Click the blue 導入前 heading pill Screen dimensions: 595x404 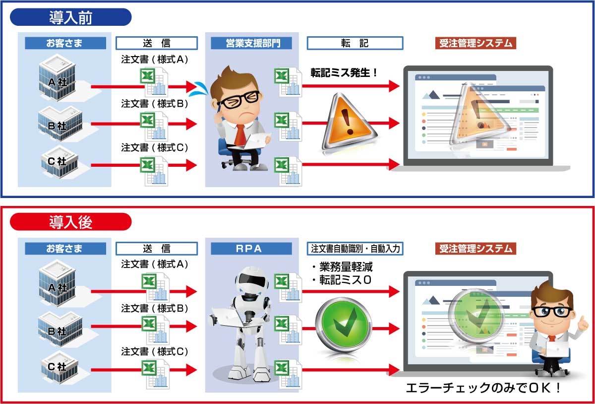pyautogui.click(x=70, y=17)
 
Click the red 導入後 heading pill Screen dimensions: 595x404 pyautogui.click(x=70, y=222)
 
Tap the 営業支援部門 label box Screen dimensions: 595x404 pyautogui.click(x=251, y=43)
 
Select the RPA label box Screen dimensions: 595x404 pyautogui.click(x=251, y=249)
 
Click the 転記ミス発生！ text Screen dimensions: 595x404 pyautogui.click(x=344, y=72)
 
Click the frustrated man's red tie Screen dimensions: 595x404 pyautogui.click(x=240, y=135)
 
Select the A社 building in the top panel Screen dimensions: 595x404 pyautogui.click(x=58, y=78)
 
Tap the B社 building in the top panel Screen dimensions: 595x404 pyautogui.click(x=60, y=124)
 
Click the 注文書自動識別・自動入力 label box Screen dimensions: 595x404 pyautogui.click(x=355, y=249)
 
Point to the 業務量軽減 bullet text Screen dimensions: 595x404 pyautogui.click(x=346, y=267)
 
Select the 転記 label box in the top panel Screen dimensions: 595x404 pyautogui.click(x=355, y=43)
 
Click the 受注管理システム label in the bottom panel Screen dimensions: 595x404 pyautogui.click(x=476, y=249)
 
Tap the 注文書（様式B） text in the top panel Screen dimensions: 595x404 pyautogui.click(x=155, y=103)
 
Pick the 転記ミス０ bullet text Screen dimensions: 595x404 pyautogui.click(x=345, y=280)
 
